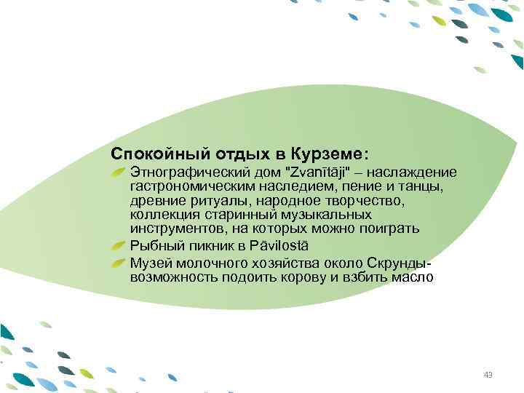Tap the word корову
point(305,277)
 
